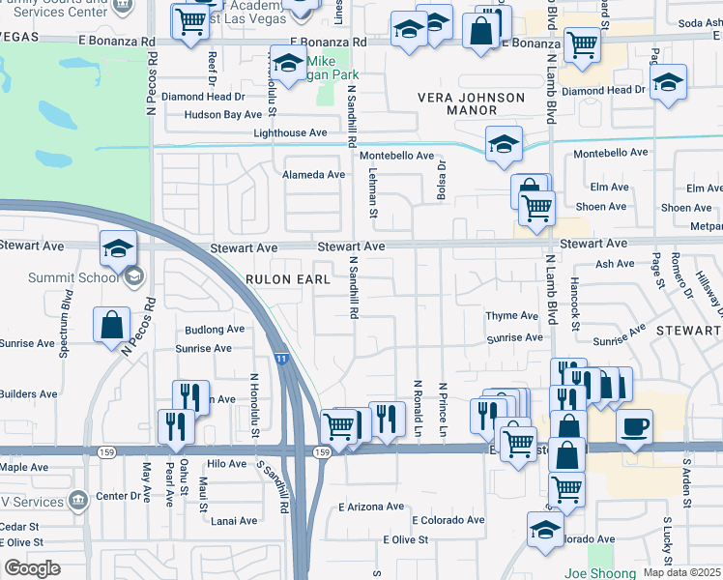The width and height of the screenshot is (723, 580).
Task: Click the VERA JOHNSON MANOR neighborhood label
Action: coord(471,104)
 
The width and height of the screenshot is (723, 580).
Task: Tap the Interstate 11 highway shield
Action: coord(281,358)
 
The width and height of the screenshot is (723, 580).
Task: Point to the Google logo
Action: coord(33,568)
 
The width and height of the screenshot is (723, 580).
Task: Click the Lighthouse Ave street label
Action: coord(290,133)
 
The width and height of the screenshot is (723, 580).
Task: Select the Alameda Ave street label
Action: coord(313,175)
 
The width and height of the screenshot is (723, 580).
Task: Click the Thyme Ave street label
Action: coord(511,316)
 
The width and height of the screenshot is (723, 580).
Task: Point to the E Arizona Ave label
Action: coord(371,507)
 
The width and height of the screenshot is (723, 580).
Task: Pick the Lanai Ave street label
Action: coord(234,520)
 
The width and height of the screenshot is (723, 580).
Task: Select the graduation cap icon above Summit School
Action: coord(118,248)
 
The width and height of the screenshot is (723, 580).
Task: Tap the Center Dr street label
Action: coord(119,496)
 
